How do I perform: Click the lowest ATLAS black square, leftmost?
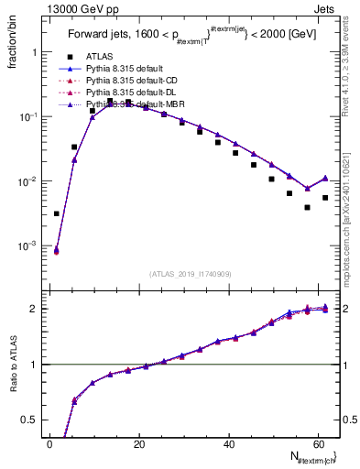[x=57, y=213]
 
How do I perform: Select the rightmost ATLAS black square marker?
[x=325, y=197]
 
